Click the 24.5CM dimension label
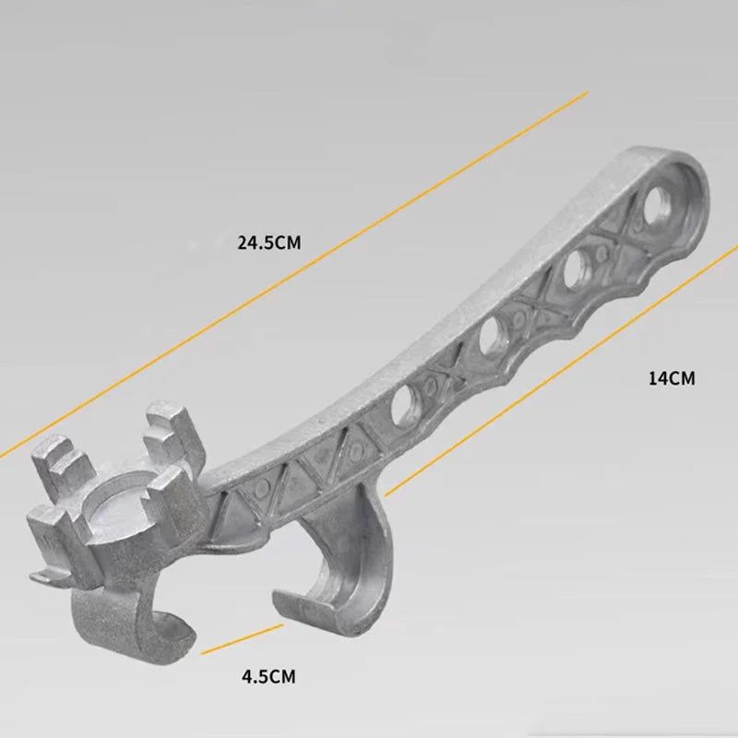(269, 244)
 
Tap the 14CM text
(671, 377)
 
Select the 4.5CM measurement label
(268, 677)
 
